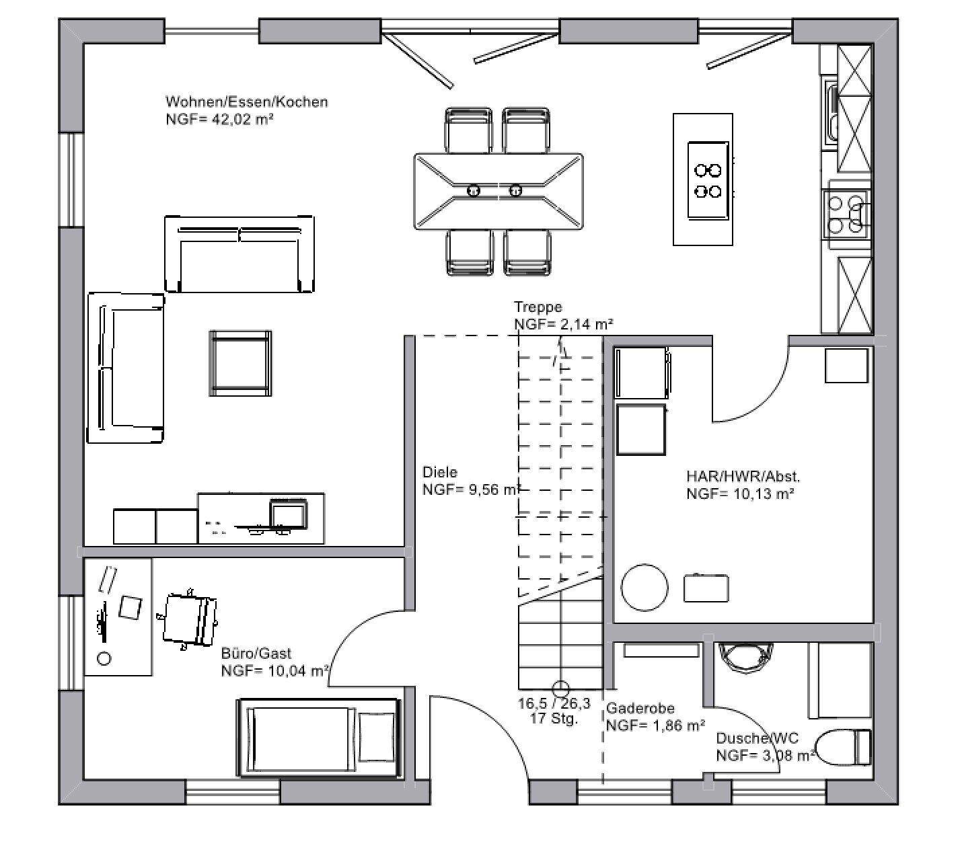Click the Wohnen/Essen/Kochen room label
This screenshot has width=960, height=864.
pos(246,102)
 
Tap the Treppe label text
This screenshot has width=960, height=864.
pos(538,307)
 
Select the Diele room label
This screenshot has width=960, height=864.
pos(440,472)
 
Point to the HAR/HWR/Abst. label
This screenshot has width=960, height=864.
pos(743,477)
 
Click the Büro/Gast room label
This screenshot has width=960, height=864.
pos(256,654)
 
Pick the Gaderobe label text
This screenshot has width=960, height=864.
pos(640,708)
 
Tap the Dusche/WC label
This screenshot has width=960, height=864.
pos(757,738)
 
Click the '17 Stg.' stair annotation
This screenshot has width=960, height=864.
pos(554,718)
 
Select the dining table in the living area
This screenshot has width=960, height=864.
pos(499,192)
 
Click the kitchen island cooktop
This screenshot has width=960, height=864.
pos(708,180)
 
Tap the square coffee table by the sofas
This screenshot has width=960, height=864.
pos(240,363)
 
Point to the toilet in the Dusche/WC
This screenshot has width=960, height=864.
pos(843,748)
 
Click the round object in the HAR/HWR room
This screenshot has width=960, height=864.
pos(644,588)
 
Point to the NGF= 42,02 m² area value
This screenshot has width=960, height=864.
pos(220,119)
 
